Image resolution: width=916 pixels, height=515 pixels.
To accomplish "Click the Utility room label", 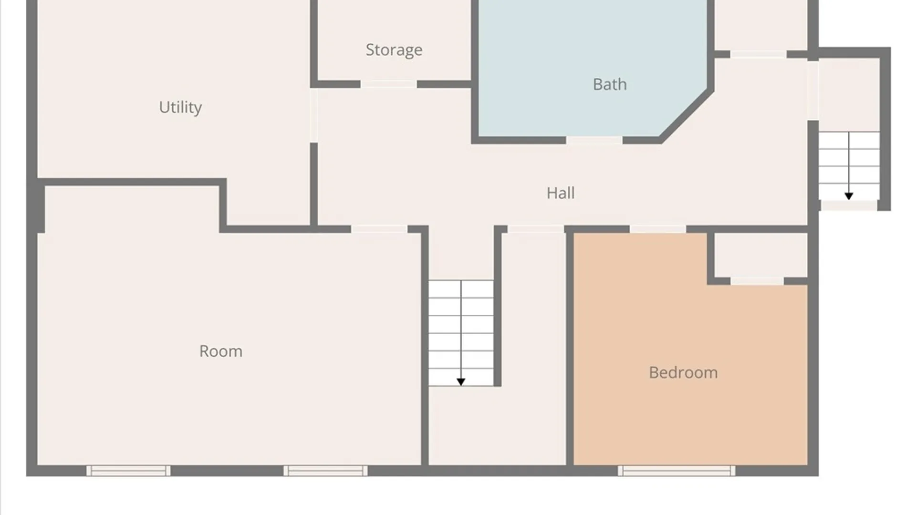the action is [x=180, y=107].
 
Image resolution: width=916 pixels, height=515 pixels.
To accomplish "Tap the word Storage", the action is [x=394, y=50].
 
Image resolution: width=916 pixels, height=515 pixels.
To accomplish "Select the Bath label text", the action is [x=610, y=84].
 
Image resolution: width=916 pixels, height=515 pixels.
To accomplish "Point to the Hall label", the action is [x=561, y=193].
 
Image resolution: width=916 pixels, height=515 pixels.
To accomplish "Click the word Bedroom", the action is [x=683, y=372].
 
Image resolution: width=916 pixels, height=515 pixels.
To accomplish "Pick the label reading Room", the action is [x=221, y=351].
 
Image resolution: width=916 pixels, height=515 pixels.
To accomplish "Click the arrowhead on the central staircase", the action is [x=461, y=382].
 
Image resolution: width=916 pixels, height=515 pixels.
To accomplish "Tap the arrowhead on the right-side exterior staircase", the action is [x=849, y=196].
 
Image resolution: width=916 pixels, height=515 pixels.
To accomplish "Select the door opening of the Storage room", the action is [x=389, y=84].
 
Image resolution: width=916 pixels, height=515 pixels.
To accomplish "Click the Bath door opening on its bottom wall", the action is [x=594, y=140].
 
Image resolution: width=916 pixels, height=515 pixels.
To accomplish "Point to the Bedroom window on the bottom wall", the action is [x=677, y=471].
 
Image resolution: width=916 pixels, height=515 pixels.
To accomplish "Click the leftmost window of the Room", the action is [x=128, y=471].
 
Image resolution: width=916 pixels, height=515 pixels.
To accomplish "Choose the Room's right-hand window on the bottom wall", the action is [x=325, y=471].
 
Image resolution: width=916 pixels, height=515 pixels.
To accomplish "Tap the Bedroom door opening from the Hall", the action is [x=658, y=229].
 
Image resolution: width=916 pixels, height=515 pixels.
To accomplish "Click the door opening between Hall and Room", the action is [x=379, y=229].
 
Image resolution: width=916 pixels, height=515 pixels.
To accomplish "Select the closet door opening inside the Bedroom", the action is [x=757, y=281].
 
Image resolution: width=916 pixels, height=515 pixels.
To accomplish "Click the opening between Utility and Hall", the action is [x=313, y=115].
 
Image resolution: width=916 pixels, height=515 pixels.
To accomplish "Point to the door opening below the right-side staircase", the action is [x=849, y=206].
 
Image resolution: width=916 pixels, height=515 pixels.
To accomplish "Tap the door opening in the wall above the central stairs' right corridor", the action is [x=536, y=229].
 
